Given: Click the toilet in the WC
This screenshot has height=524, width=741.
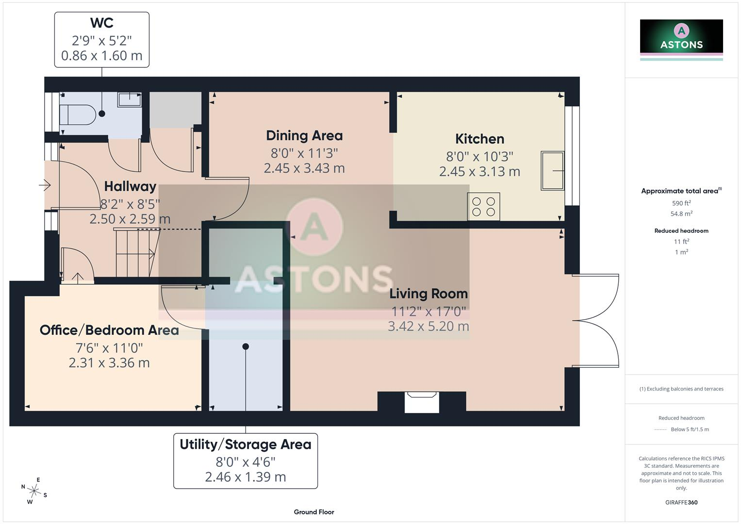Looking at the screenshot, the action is (x=78, y=115).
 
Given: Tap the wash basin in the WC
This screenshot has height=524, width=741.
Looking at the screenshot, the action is (x=130, y=99).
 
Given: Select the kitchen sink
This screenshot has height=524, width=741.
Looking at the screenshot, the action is (x=552, y=171).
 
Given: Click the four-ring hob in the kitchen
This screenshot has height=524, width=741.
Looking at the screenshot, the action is (x=483, y=206).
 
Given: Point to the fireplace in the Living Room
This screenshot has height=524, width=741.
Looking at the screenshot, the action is (x=422, y=402).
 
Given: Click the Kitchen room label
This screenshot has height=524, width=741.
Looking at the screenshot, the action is (x=479, y=139).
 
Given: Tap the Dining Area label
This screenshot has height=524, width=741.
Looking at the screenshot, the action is (x=304, y=136).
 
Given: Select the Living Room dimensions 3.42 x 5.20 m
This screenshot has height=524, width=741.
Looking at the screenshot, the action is (x=428, y=327).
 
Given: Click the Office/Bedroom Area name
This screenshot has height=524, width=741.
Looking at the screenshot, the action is (x=109, y=330).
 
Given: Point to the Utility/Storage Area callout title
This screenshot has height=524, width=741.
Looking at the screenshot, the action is (x=246, y=444).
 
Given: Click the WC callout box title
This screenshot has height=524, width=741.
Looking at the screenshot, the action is (x=102, y=23).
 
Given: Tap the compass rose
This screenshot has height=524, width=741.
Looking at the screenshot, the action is (x=34, y=491).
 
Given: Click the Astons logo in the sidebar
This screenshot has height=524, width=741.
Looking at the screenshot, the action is (x=681, y=40).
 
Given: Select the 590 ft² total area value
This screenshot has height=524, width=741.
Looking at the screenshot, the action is (x=681, y=203).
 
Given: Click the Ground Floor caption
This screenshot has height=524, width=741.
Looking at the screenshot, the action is (x=314, y=512).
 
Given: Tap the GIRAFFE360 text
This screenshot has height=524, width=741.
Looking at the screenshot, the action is (x=681, y=503).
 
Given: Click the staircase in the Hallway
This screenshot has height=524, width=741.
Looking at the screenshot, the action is (x=137, y=252).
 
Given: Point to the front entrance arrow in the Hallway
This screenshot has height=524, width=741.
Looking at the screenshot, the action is (x=45, y=185).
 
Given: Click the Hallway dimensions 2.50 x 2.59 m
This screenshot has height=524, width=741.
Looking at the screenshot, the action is (x=130, y=219).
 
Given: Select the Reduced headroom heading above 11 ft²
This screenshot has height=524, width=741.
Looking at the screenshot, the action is (x=681, y=231).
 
